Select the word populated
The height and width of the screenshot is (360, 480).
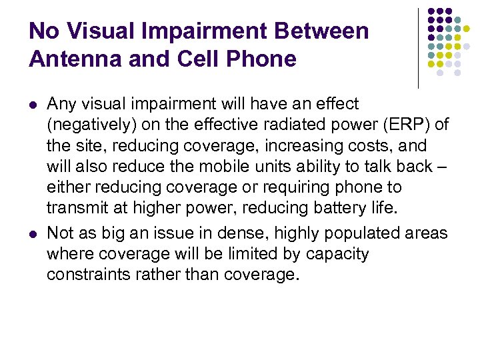click(360, 233)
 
